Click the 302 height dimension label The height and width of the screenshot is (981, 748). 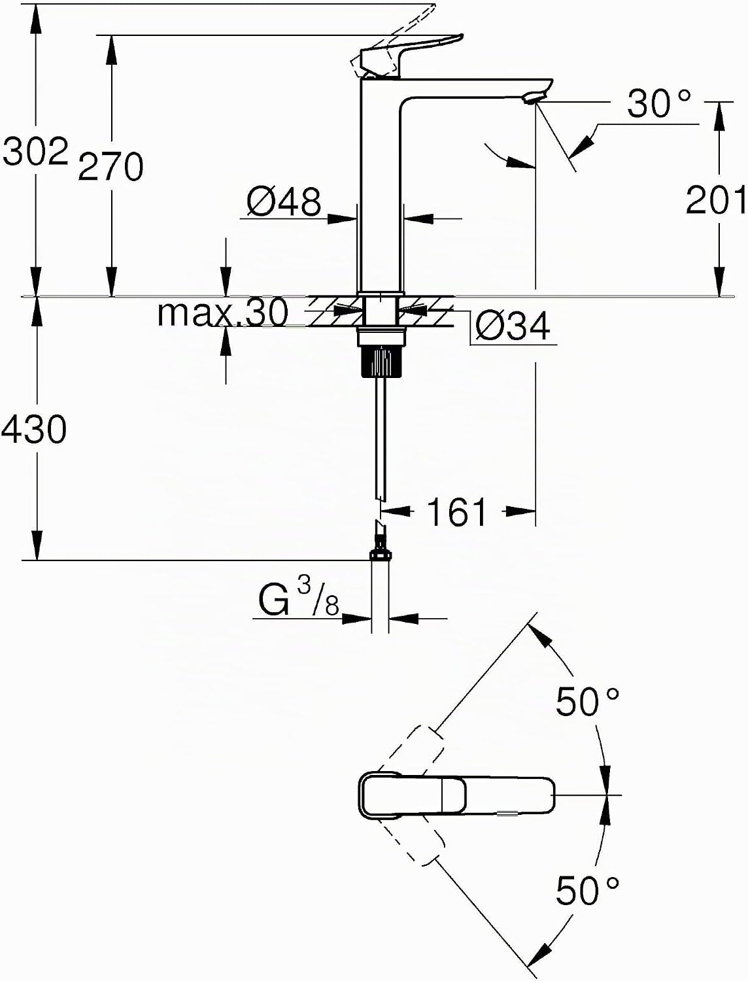coord(35,151)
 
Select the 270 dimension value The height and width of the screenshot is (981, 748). coord(110,166)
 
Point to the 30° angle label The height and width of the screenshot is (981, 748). coord(658,103)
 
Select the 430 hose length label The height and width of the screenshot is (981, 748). coord(34,430)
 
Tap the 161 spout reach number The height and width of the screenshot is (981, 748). coord(456,511)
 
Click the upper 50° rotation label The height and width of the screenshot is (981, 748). coord(588,702)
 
